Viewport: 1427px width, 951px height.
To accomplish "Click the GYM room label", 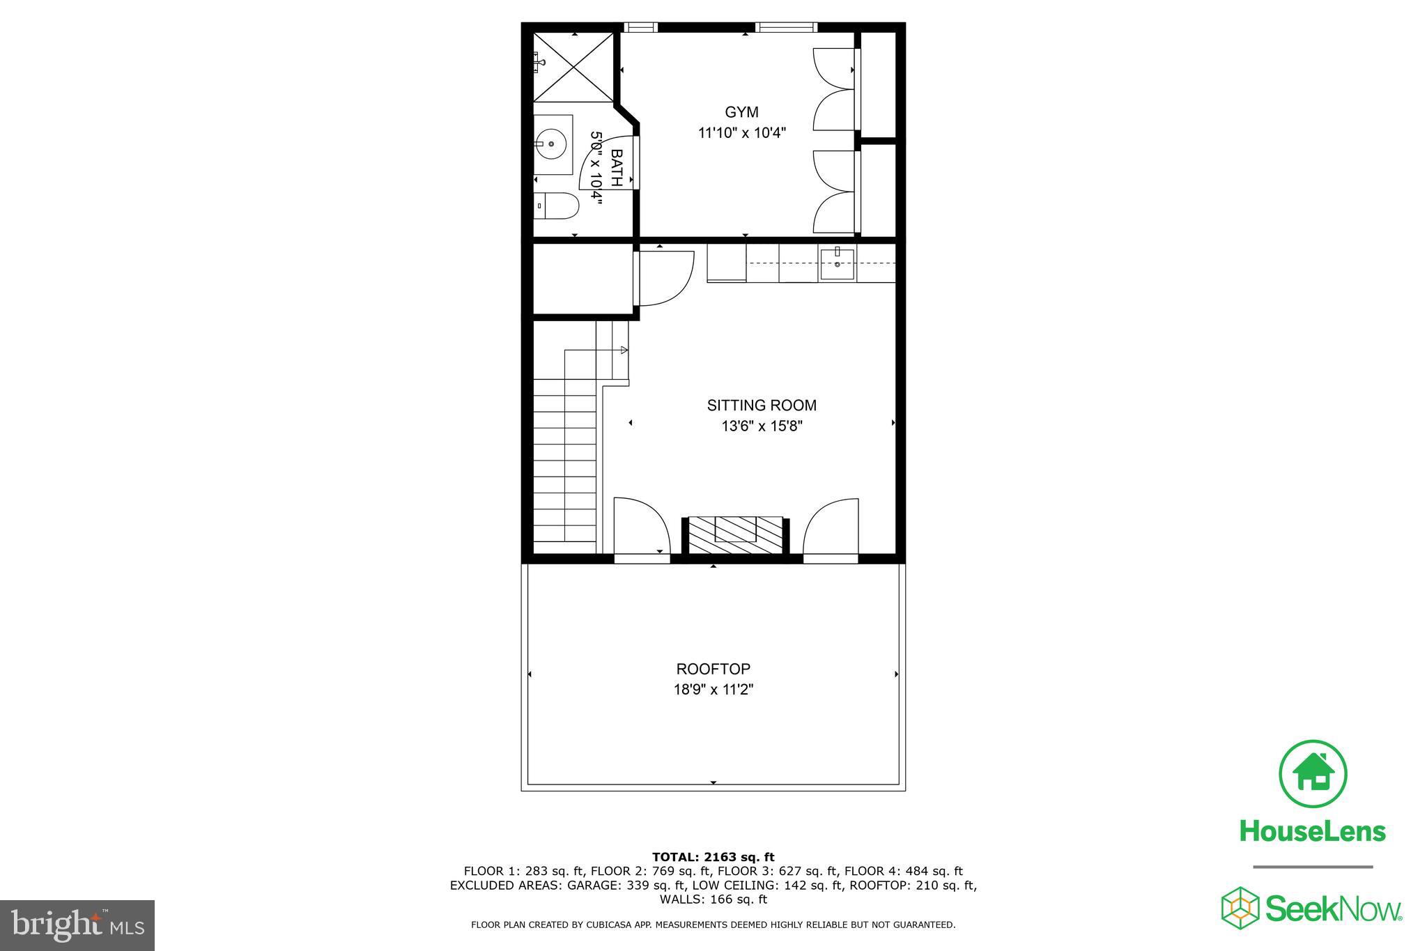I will [741, 112].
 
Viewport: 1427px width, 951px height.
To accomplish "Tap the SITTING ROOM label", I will [762, 405].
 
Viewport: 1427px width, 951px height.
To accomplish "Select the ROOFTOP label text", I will [713, 670].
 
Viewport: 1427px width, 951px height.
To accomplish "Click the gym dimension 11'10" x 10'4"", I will [742, 133].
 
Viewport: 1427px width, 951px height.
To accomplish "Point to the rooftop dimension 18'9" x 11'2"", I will [713, 690].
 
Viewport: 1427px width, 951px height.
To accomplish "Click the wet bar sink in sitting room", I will [837, 264].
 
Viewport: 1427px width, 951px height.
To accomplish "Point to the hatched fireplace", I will [735, 535].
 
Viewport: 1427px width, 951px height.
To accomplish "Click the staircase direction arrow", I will [624, 350].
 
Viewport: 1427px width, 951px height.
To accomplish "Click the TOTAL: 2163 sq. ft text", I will [713, 857].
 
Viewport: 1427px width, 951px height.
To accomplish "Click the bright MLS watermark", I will [77, 925].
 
